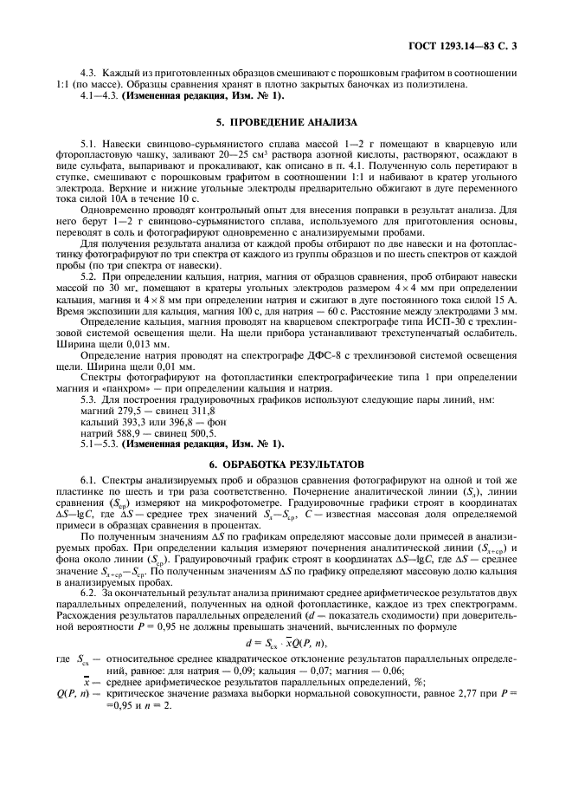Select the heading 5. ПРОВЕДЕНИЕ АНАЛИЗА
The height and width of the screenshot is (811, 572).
285,123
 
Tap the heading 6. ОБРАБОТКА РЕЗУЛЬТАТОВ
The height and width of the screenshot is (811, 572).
285,441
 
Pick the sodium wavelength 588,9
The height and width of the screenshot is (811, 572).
119,407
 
